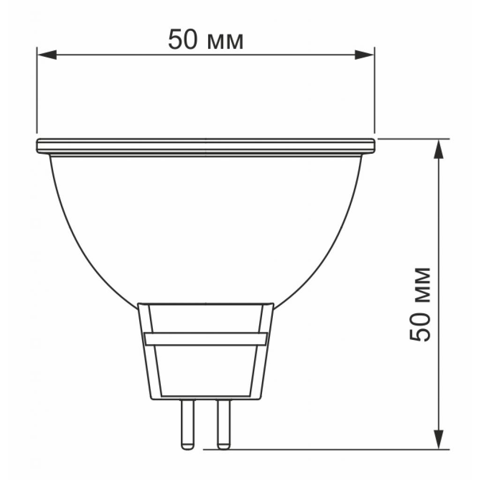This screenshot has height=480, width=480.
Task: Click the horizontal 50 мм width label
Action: (206, 40)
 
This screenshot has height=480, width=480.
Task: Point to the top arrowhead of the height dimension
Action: (438, 149)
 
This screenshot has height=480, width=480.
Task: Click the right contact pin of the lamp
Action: (224, 424)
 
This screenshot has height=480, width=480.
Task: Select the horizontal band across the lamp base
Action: (206, 339)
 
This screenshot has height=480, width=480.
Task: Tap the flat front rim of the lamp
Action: (206, 146)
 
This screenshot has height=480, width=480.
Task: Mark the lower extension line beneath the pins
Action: (328, 449)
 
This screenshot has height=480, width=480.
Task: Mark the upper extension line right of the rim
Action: (412, 139)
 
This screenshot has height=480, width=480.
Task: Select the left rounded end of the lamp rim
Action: (38, 146)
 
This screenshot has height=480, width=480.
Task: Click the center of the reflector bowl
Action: (206, 225)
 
